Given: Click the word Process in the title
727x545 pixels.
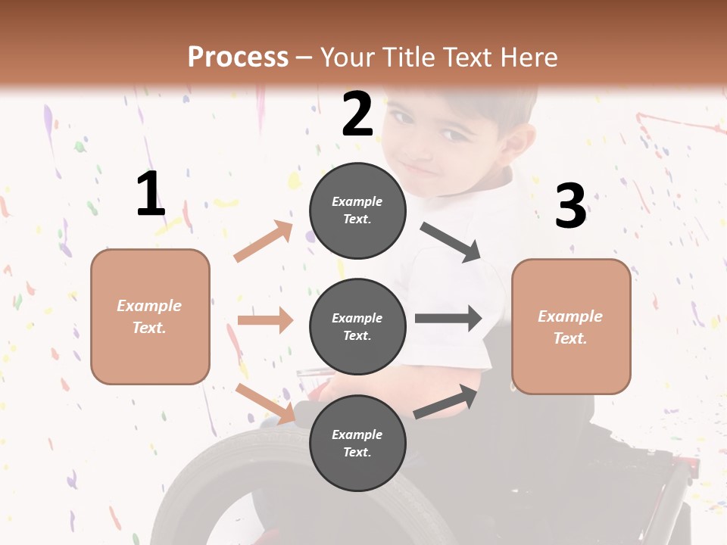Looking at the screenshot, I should point(238,57).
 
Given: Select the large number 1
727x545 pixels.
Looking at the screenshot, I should point(151,195).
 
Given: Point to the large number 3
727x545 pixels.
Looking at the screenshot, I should point(570,206).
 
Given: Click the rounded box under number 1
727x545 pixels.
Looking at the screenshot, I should point(150,316).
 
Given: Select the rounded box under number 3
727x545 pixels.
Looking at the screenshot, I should point(571,326).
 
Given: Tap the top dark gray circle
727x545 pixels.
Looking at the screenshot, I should point(357,210).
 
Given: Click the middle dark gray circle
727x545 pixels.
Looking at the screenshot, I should point(357,326).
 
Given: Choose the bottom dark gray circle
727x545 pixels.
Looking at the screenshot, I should point(357,443).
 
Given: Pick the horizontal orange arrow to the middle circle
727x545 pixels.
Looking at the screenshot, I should point(265,320).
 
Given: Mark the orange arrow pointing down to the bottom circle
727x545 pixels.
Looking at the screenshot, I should point(265,403).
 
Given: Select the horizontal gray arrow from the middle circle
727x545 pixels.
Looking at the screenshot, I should point(448,319).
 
